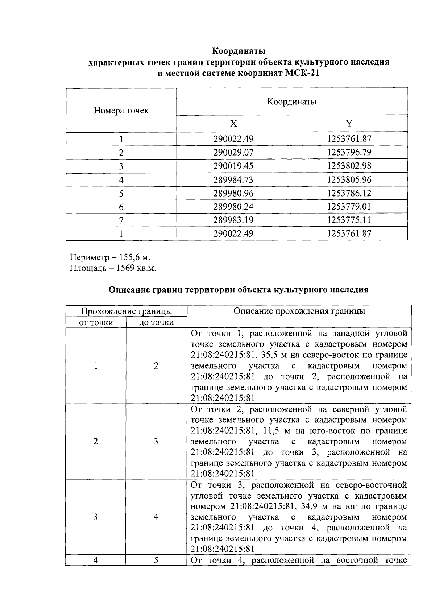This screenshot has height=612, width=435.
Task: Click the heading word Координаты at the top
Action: (239, 50)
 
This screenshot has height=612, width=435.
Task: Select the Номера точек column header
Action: (121, 111)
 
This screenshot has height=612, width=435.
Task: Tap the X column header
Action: (233, 124)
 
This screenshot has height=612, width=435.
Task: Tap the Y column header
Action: (349, 124)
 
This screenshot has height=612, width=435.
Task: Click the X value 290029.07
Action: (233, 153)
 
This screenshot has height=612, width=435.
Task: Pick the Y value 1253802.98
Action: (349, 166)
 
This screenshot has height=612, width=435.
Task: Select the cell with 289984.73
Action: (233, 180)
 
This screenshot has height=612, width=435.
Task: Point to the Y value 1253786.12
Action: (349, 193)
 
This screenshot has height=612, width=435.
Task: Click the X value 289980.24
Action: (233, 207)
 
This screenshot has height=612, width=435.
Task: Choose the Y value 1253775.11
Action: (349, 220)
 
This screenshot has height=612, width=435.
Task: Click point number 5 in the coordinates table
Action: (121, 193)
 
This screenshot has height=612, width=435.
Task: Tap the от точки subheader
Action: (96, 322)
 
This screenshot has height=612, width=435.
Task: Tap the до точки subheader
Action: (157, 322)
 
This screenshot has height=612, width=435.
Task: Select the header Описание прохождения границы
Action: (299, 311)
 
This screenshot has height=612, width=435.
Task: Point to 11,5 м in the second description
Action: (270, 431)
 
